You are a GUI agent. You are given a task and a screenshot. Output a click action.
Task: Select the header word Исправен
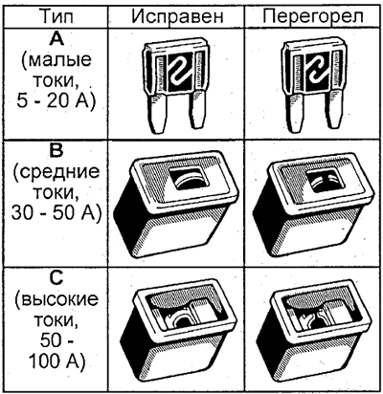coord(177,17)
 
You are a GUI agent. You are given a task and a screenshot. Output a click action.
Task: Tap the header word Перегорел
coord(313,16)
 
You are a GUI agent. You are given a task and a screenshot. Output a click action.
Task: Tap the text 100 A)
coord(56,361)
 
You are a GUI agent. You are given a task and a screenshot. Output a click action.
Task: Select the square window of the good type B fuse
coord(189,178)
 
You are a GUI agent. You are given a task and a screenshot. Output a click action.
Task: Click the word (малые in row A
coord(56,61)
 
